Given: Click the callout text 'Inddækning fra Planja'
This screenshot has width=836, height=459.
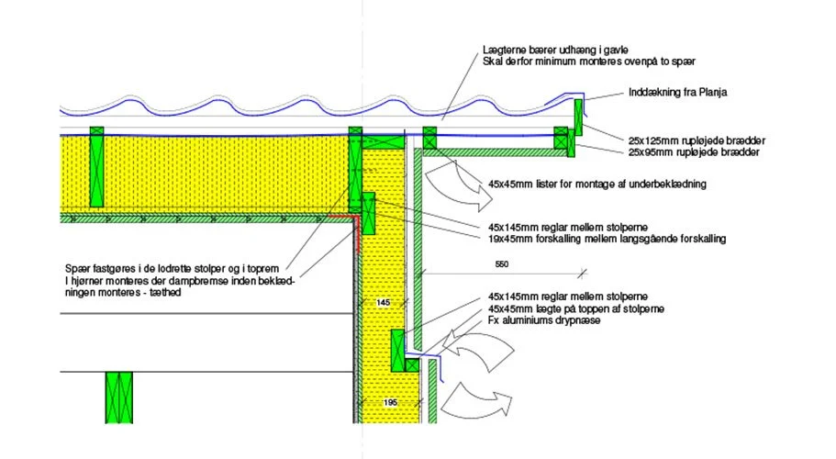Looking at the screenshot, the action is (677, 92).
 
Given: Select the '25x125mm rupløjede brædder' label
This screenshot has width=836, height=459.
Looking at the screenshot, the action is (697, 140).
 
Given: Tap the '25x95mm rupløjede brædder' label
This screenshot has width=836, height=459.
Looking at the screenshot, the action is (694, 152).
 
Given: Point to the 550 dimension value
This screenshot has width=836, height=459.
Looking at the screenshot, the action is (502, 263).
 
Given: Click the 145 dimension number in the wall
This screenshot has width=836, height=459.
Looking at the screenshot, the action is (383, 302).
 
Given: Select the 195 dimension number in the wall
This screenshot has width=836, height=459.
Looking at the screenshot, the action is (390, 402).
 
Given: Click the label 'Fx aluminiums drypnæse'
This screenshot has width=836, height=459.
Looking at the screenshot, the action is (544, 320).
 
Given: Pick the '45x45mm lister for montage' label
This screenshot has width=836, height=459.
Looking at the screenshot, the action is (597, 185).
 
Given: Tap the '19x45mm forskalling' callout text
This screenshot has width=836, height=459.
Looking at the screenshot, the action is (607, 239).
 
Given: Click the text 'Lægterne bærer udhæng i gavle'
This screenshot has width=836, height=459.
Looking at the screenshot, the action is (555, 50).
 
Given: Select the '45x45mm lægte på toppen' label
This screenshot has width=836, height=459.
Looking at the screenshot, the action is (575, 308).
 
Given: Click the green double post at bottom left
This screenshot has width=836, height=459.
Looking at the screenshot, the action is (119, 397).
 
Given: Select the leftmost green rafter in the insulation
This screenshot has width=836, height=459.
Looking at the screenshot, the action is (96, 167).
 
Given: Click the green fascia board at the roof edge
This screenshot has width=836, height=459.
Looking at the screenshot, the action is (578, 118).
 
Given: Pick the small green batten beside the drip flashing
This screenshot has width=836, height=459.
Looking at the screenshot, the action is (412, 365).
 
